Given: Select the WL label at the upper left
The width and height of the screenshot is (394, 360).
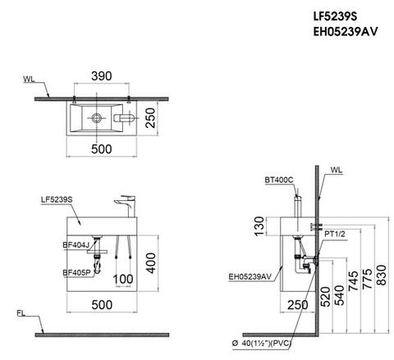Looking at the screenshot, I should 29,81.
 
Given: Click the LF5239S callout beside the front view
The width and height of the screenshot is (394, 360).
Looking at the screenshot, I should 57,199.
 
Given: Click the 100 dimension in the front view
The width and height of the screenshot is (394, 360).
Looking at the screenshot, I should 123,280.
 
